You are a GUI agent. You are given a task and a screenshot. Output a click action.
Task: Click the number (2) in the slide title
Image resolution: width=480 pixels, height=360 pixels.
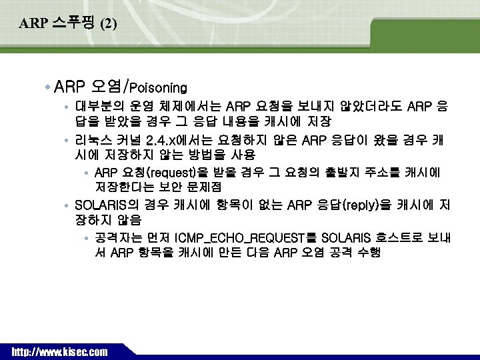[x=108, y=25]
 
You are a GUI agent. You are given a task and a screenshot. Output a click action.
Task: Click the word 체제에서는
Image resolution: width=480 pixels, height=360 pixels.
[x=189, y=107]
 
